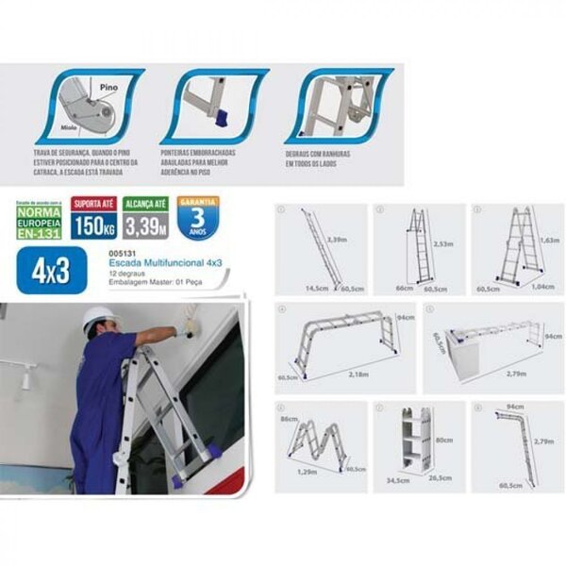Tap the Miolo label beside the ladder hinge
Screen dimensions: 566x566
point(61,124)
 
